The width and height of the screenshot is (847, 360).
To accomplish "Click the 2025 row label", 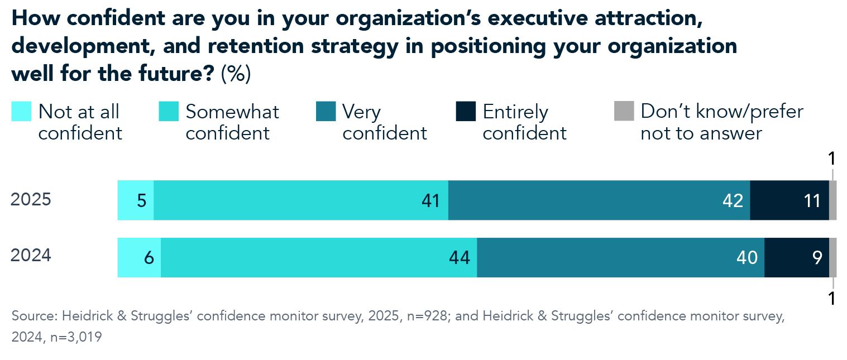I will click(x=31, y=200).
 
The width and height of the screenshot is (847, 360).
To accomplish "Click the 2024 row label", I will click(x=31, y=256).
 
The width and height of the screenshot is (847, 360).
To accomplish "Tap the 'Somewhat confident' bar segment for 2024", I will click(x=318, y=257).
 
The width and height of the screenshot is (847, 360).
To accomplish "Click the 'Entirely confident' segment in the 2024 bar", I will click(x=796, y=257).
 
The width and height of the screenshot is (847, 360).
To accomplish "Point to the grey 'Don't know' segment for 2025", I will click(x=832, y=200).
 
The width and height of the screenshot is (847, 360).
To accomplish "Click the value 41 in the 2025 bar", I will click(x=431, y=200).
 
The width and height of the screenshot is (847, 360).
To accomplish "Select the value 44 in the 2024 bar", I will click(x=460, y=257).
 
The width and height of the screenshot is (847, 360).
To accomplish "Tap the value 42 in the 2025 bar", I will click(x=732, y=200).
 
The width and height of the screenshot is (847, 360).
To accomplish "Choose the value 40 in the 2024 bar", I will click(x=746, y=257).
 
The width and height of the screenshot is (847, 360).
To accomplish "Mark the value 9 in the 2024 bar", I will click(x=817, y=257).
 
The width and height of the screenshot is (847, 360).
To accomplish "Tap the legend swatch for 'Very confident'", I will click(x=326, y=111).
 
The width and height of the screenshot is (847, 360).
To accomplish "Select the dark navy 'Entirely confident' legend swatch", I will click(x=466, y=111).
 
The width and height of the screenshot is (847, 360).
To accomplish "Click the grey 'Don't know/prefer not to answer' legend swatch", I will click(x=624, y=111).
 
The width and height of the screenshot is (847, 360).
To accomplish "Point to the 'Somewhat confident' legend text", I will click(x=232, y=122).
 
